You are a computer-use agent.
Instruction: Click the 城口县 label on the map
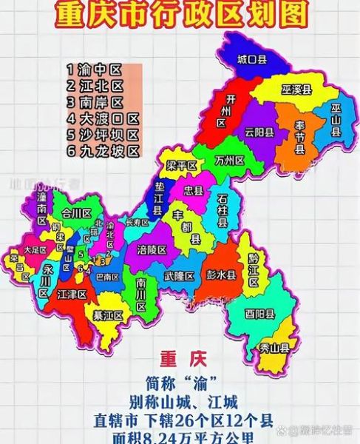click(x=251, y=60)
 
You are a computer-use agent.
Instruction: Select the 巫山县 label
click(x=336, y=121)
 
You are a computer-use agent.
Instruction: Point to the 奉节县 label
click(x=299, y=138)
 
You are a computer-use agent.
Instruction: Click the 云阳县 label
click(x=259, y=132)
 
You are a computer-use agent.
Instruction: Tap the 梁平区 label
click(x=181, y=166)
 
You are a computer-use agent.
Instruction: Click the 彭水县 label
click(x=221, y=275)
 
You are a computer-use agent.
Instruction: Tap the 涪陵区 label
click(x=152, y=249)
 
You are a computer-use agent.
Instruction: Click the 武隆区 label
click(x=179, y=276)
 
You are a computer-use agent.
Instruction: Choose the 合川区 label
click(x=75, y=212)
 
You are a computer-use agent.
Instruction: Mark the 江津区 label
click(x=72, y=295)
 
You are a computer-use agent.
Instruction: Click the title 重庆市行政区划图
click(x=180, y=14)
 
